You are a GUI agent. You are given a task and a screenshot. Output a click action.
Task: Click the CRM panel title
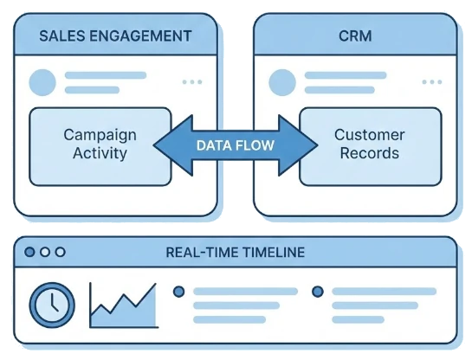pyautogui.click(x=354, y=38)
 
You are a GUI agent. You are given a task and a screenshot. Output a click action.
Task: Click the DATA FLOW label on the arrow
pyautogui.click(x=235, y=145)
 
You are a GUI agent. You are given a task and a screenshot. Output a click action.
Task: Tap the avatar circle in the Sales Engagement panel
pyautogui.click(x=42, y=83)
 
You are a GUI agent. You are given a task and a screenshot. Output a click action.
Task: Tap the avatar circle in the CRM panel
pyautogui.click(x=282, y=83)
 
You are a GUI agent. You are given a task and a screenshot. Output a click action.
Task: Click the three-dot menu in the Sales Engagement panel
pyautogui.click(x=191, y=83)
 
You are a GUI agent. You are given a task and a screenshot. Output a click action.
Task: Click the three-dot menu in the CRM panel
pyautogui.click(x=430, y=83)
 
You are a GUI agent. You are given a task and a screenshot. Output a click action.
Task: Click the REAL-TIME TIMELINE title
pyautogui.click(x=236, y=252)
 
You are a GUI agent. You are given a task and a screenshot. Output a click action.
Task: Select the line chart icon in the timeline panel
pyautogui.click(x=123, y=305)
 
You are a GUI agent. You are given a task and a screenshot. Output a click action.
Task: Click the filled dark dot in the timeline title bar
pyautogui.click(x=31, y=252)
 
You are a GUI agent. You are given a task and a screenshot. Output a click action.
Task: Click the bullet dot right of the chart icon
pyautogui.click(x=179, y=291)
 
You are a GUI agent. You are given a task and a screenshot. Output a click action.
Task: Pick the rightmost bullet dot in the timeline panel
pyautogui.click(x=317, y=291)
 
